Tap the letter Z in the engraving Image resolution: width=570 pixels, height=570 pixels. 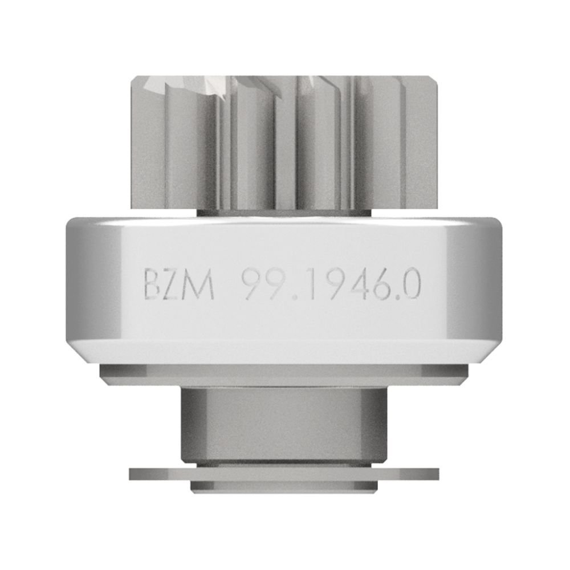[174, 285]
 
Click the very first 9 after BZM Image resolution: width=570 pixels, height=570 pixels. [250, 284]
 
